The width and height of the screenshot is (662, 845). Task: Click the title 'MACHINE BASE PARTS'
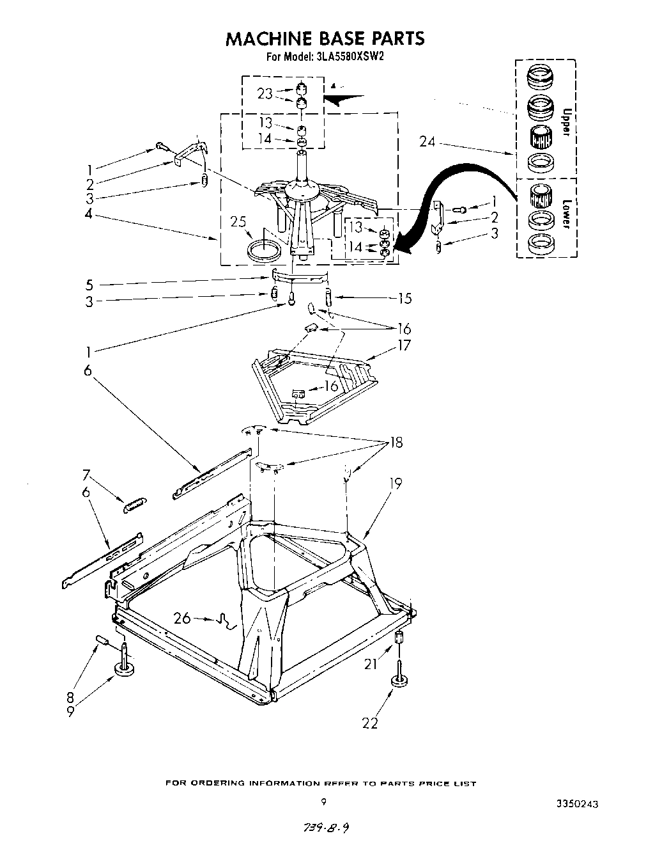pyautogui.click(x=325, y=38)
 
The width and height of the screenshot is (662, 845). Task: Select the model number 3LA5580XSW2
pyautogui.click(x=350, y=56)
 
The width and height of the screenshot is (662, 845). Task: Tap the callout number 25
pyautogui.click(x=239, y=223)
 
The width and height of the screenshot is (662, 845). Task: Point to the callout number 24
pyautogui.click(x=427, y=142)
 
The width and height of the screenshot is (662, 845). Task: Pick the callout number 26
pyautogui.click(x=182, y=618)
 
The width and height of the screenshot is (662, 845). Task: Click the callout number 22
pyautogui.click(x=370, y=723)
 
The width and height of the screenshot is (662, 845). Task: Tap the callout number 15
pyautogui.click(x=404, y=298)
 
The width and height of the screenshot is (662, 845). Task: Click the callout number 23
pyautogui.click(x=265, y=93)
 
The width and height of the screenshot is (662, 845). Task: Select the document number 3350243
pyautogui.click(x=577, y=804)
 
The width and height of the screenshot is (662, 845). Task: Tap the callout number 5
pyautogui.click(x=89, y=285)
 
